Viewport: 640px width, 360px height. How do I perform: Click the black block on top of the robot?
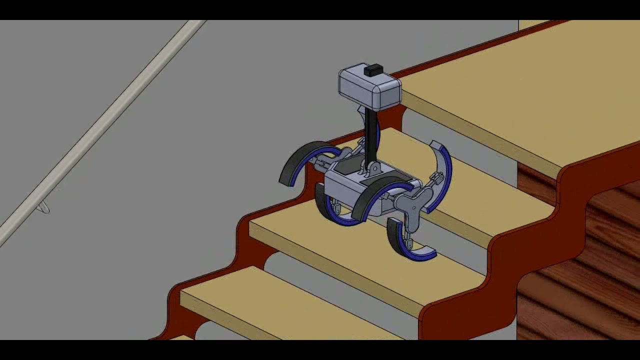pyautogui.click(x=373, y=70)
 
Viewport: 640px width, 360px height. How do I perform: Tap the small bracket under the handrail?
pyautogui.click(x=44, y=208)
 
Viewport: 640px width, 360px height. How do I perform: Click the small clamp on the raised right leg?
pyautogui.click(x=436, y=178)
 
